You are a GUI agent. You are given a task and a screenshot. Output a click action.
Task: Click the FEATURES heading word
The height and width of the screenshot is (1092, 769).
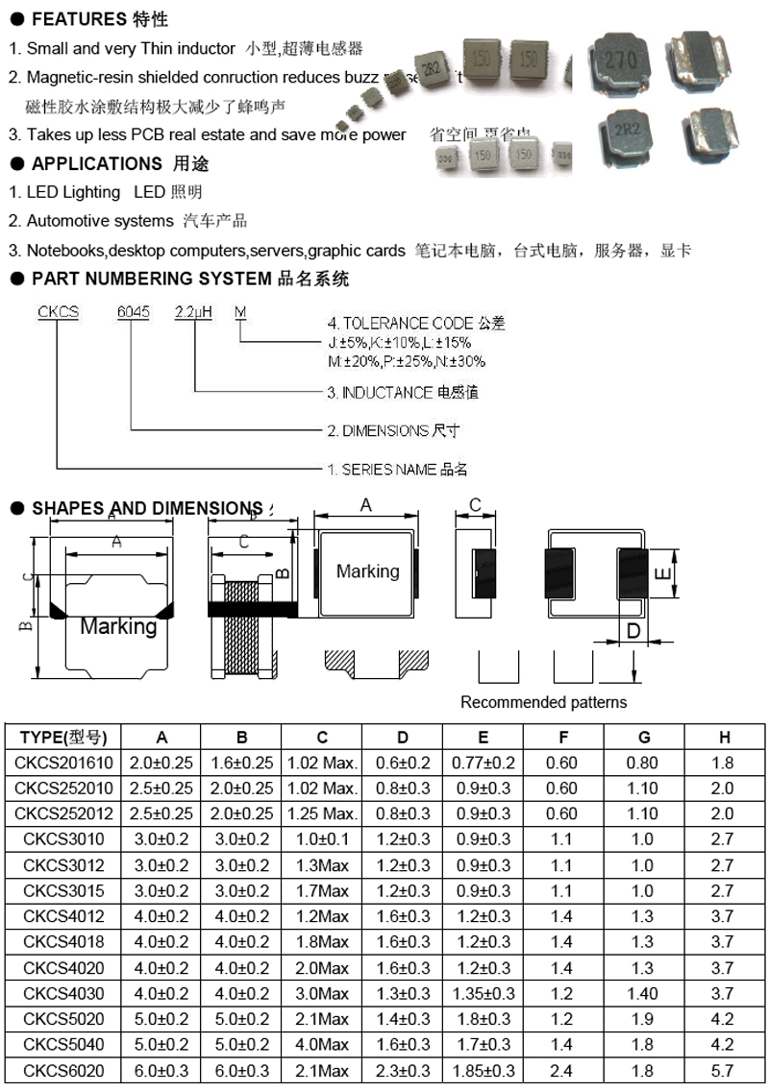tap(79, 19)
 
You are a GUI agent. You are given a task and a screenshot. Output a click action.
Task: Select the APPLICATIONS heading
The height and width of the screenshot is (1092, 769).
tap(97, 164)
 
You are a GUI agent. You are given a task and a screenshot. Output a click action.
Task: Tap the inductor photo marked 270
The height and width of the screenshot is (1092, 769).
tap(619, 61)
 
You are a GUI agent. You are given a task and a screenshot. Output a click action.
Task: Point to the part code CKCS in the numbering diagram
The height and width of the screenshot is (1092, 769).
tap(58, 312)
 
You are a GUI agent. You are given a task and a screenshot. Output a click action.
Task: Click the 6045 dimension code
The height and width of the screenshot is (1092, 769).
tap(134, 312)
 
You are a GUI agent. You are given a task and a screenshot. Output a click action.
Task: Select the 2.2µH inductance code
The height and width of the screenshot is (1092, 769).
tap(192, 312)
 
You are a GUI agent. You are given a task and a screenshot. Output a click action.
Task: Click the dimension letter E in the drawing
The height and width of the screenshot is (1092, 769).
tap(661, 573)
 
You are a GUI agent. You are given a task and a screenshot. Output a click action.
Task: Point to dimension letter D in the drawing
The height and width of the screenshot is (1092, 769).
tap(633, 630)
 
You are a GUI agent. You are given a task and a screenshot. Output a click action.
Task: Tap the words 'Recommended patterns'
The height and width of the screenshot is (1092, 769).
tap(543, 702)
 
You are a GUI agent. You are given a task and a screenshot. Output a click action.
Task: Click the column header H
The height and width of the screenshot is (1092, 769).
tap(724, 738)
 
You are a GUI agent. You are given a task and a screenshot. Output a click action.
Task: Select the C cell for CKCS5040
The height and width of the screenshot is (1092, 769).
tap(322, 1044)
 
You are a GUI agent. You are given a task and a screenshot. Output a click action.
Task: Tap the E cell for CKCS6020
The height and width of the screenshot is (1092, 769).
tap(483, 1070)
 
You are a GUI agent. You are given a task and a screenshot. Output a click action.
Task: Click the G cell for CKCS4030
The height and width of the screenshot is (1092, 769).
tap(643, 993)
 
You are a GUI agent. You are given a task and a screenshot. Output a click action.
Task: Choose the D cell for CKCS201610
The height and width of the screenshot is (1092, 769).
tap(403, 763)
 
